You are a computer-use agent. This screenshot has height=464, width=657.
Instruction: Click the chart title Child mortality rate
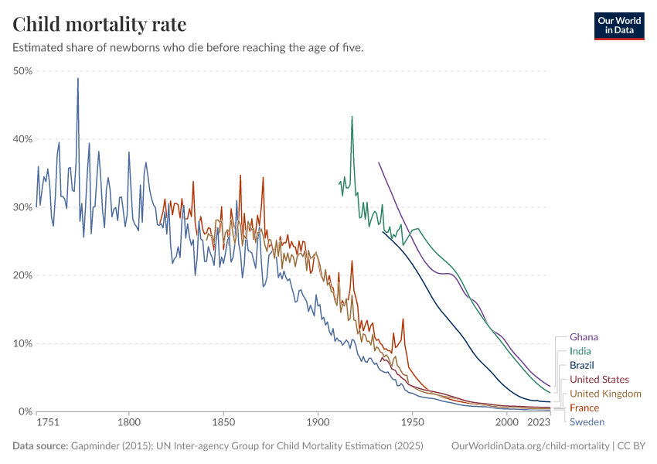pyautogui.click(x=99, y=25)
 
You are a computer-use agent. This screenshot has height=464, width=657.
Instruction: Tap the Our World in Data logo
pyautogui.click(x=618, y=26)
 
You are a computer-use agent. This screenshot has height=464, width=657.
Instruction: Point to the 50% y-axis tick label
pyautogui.click(x=22, y=71)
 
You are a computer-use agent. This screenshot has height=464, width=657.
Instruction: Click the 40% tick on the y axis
pyautogui.click(x=22, y=139)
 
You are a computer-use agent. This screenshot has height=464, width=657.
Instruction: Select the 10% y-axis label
pyautogui.click(x=22, y=343)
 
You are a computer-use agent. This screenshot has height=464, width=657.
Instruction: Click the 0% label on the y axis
pyautogui.click(x=25, y=411)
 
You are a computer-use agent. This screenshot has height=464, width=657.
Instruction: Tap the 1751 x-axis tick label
pyautogui.click(x=48, y=423)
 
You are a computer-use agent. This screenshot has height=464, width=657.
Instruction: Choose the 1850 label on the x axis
pyautogui.click(x=223, y=423)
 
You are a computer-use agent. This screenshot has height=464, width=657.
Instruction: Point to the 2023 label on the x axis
pyautogui.click(x=539, y=423)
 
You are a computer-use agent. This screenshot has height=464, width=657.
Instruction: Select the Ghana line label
pyautogui.click(x=584, y=337)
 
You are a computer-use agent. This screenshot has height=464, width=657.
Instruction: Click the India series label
pyautogui.click(x=580, y=351)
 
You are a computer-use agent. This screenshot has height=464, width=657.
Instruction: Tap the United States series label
pyautogui.click(x=599, y=379)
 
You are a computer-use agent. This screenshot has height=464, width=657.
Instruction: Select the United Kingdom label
pyautogui.click(x=605, y=394)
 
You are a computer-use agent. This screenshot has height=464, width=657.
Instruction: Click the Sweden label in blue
pyautogui.click(x=587, y=421)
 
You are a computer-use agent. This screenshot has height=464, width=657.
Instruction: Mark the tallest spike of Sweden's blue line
pyautogui.click(x=77, y=79)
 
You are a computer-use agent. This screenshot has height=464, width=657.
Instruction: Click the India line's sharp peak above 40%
pyautogui.click(x=352, y=117)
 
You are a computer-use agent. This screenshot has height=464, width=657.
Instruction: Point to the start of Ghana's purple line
pyautogui.click(x=378, y=162)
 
